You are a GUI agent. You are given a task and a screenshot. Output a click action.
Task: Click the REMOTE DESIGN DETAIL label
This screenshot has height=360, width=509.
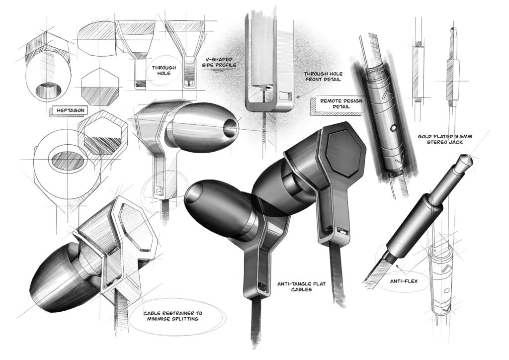coord(340,104)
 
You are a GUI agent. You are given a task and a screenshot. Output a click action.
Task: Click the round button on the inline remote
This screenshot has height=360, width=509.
coord(393,128)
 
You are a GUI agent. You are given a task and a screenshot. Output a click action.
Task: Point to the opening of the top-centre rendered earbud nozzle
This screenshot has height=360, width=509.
coord(231,128)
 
